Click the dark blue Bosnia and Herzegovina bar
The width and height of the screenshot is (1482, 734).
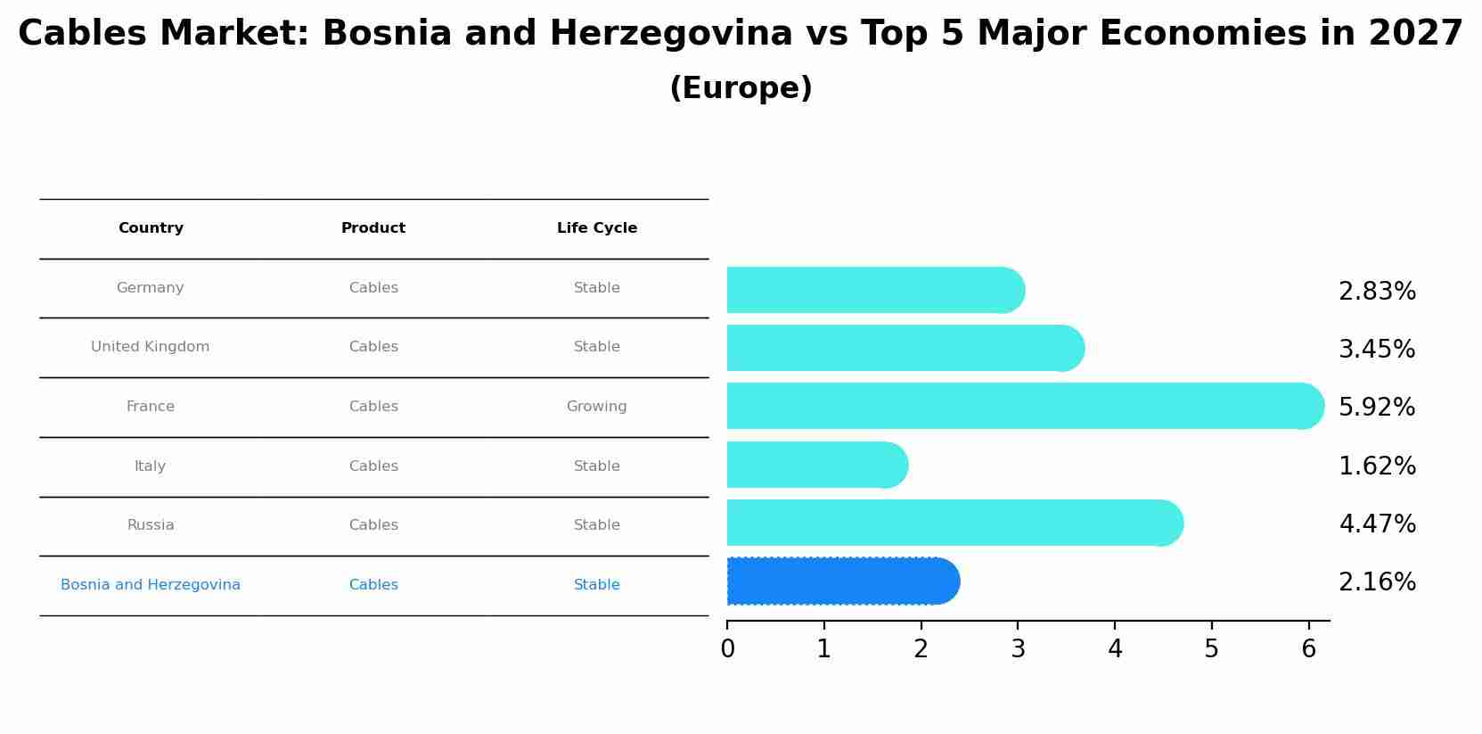click(x=842, y=581)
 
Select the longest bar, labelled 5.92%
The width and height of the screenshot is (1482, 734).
click(x=1025, y=407)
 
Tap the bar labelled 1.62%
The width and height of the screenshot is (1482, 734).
click(x=816, y=465)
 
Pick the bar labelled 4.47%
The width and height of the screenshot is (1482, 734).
click(x=954, y=523)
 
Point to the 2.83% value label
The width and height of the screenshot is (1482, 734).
click(x=1377, y=292)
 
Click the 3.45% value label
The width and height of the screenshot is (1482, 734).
click(x=1377, y=350)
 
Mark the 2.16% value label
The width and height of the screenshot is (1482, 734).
click(x=1377, y=582)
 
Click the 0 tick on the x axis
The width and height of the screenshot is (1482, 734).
click(x=727, y=649)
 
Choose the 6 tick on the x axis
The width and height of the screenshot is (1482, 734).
click(x=1308, y=649)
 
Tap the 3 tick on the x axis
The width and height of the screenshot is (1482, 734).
click(x=1018, y=649)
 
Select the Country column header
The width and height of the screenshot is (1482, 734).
click(x=151, y=228)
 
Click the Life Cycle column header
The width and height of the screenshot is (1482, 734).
click(x=597, y=228)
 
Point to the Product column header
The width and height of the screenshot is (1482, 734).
click(x=373, y=228)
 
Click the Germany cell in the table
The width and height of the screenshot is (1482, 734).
click(x=151, y=288)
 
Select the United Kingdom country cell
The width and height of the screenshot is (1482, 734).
click(x=151, y=347)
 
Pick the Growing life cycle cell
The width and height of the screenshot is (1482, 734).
click(x=597, y=407)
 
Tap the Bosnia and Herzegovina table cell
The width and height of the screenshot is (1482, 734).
click(x=151, y=585)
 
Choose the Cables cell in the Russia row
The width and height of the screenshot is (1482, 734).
click(x=373, y=525)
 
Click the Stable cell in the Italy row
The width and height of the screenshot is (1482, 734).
click(x=597, y=466)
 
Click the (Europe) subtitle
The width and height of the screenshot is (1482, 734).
click(x=741, y=88)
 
